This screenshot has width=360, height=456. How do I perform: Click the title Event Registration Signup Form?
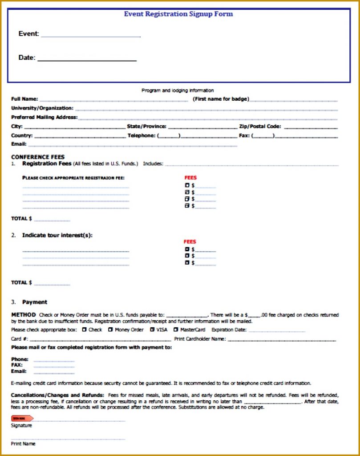point(178,14)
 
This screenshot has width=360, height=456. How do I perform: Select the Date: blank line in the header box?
point(87,59)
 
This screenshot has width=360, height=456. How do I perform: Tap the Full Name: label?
point(24,99)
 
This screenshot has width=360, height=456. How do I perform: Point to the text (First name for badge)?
point(221,99)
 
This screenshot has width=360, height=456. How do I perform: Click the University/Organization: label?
point(42,108)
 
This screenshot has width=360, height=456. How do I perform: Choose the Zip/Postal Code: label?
point(260,126)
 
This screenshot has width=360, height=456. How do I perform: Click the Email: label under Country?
point(19,144)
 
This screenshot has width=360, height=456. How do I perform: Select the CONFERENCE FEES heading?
point(38,157)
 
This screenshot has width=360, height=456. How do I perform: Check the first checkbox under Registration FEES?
point(187,185)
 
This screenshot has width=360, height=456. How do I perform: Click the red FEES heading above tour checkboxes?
point(190,242)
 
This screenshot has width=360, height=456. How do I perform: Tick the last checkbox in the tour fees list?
point(187,263)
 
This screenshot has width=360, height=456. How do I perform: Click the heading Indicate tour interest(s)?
point(57,235)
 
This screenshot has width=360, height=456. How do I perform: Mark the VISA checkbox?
point(152,330)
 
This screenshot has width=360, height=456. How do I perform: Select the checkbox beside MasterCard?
point(176,330)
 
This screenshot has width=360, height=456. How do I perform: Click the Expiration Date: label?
point(229,330)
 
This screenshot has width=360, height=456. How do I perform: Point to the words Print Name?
point(23,444)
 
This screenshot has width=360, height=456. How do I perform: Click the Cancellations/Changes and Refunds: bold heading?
point(57,395)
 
